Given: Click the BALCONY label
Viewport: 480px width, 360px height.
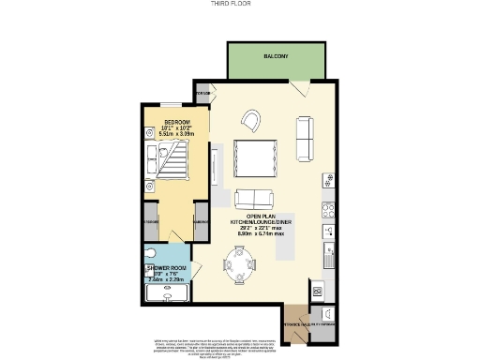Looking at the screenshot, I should (275, 57).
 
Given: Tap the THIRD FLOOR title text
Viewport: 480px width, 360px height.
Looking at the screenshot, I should (239, 4).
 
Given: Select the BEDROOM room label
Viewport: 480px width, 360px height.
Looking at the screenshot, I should (177, 122).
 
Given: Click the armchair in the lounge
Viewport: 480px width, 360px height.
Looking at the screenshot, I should (252, 119).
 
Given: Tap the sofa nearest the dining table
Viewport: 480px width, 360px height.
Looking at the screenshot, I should (254, 198).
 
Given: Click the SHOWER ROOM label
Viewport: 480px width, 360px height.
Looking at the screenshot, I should (163, 268).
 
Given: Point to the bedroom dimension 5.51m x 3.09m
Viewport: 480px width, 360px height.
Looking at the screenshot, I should (177, 135).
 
